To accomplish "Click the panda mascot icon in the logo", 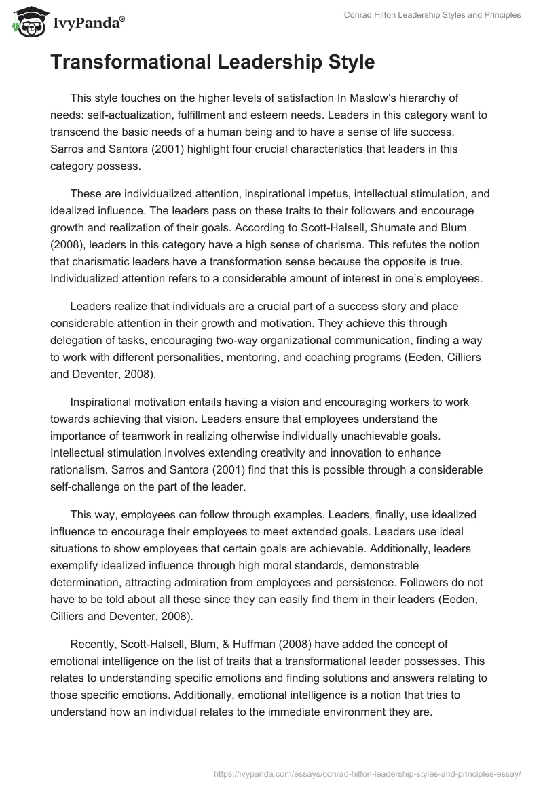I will pyautogui.click(x=25, y=22).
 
